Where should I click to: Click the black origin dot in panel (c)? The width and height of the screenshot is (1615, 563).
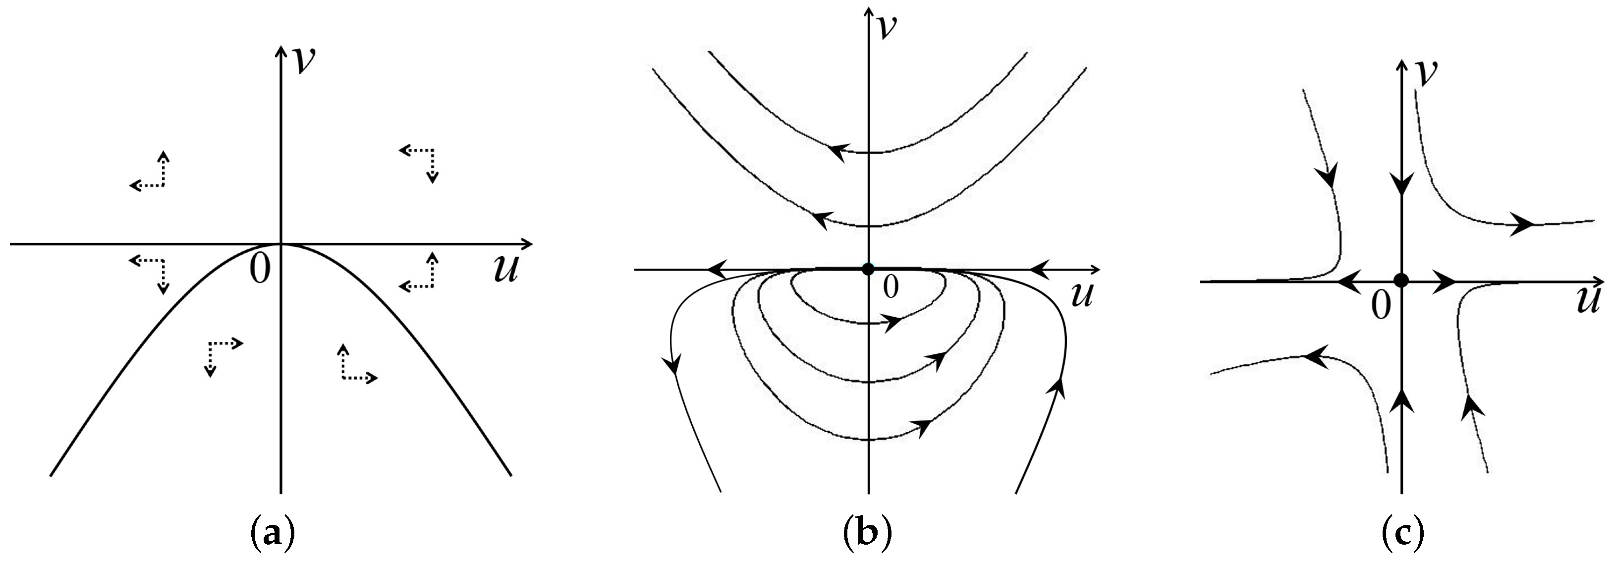pyautogui.click(x=1401, y=281)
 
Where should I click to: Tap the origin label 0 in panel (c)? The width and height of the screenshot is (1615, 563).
pyautogui.click(x=1380, y=307)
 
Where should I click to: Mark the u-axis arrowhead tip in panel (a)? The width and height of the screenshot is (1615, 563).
pyautogui.click(x=532, y=243)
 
